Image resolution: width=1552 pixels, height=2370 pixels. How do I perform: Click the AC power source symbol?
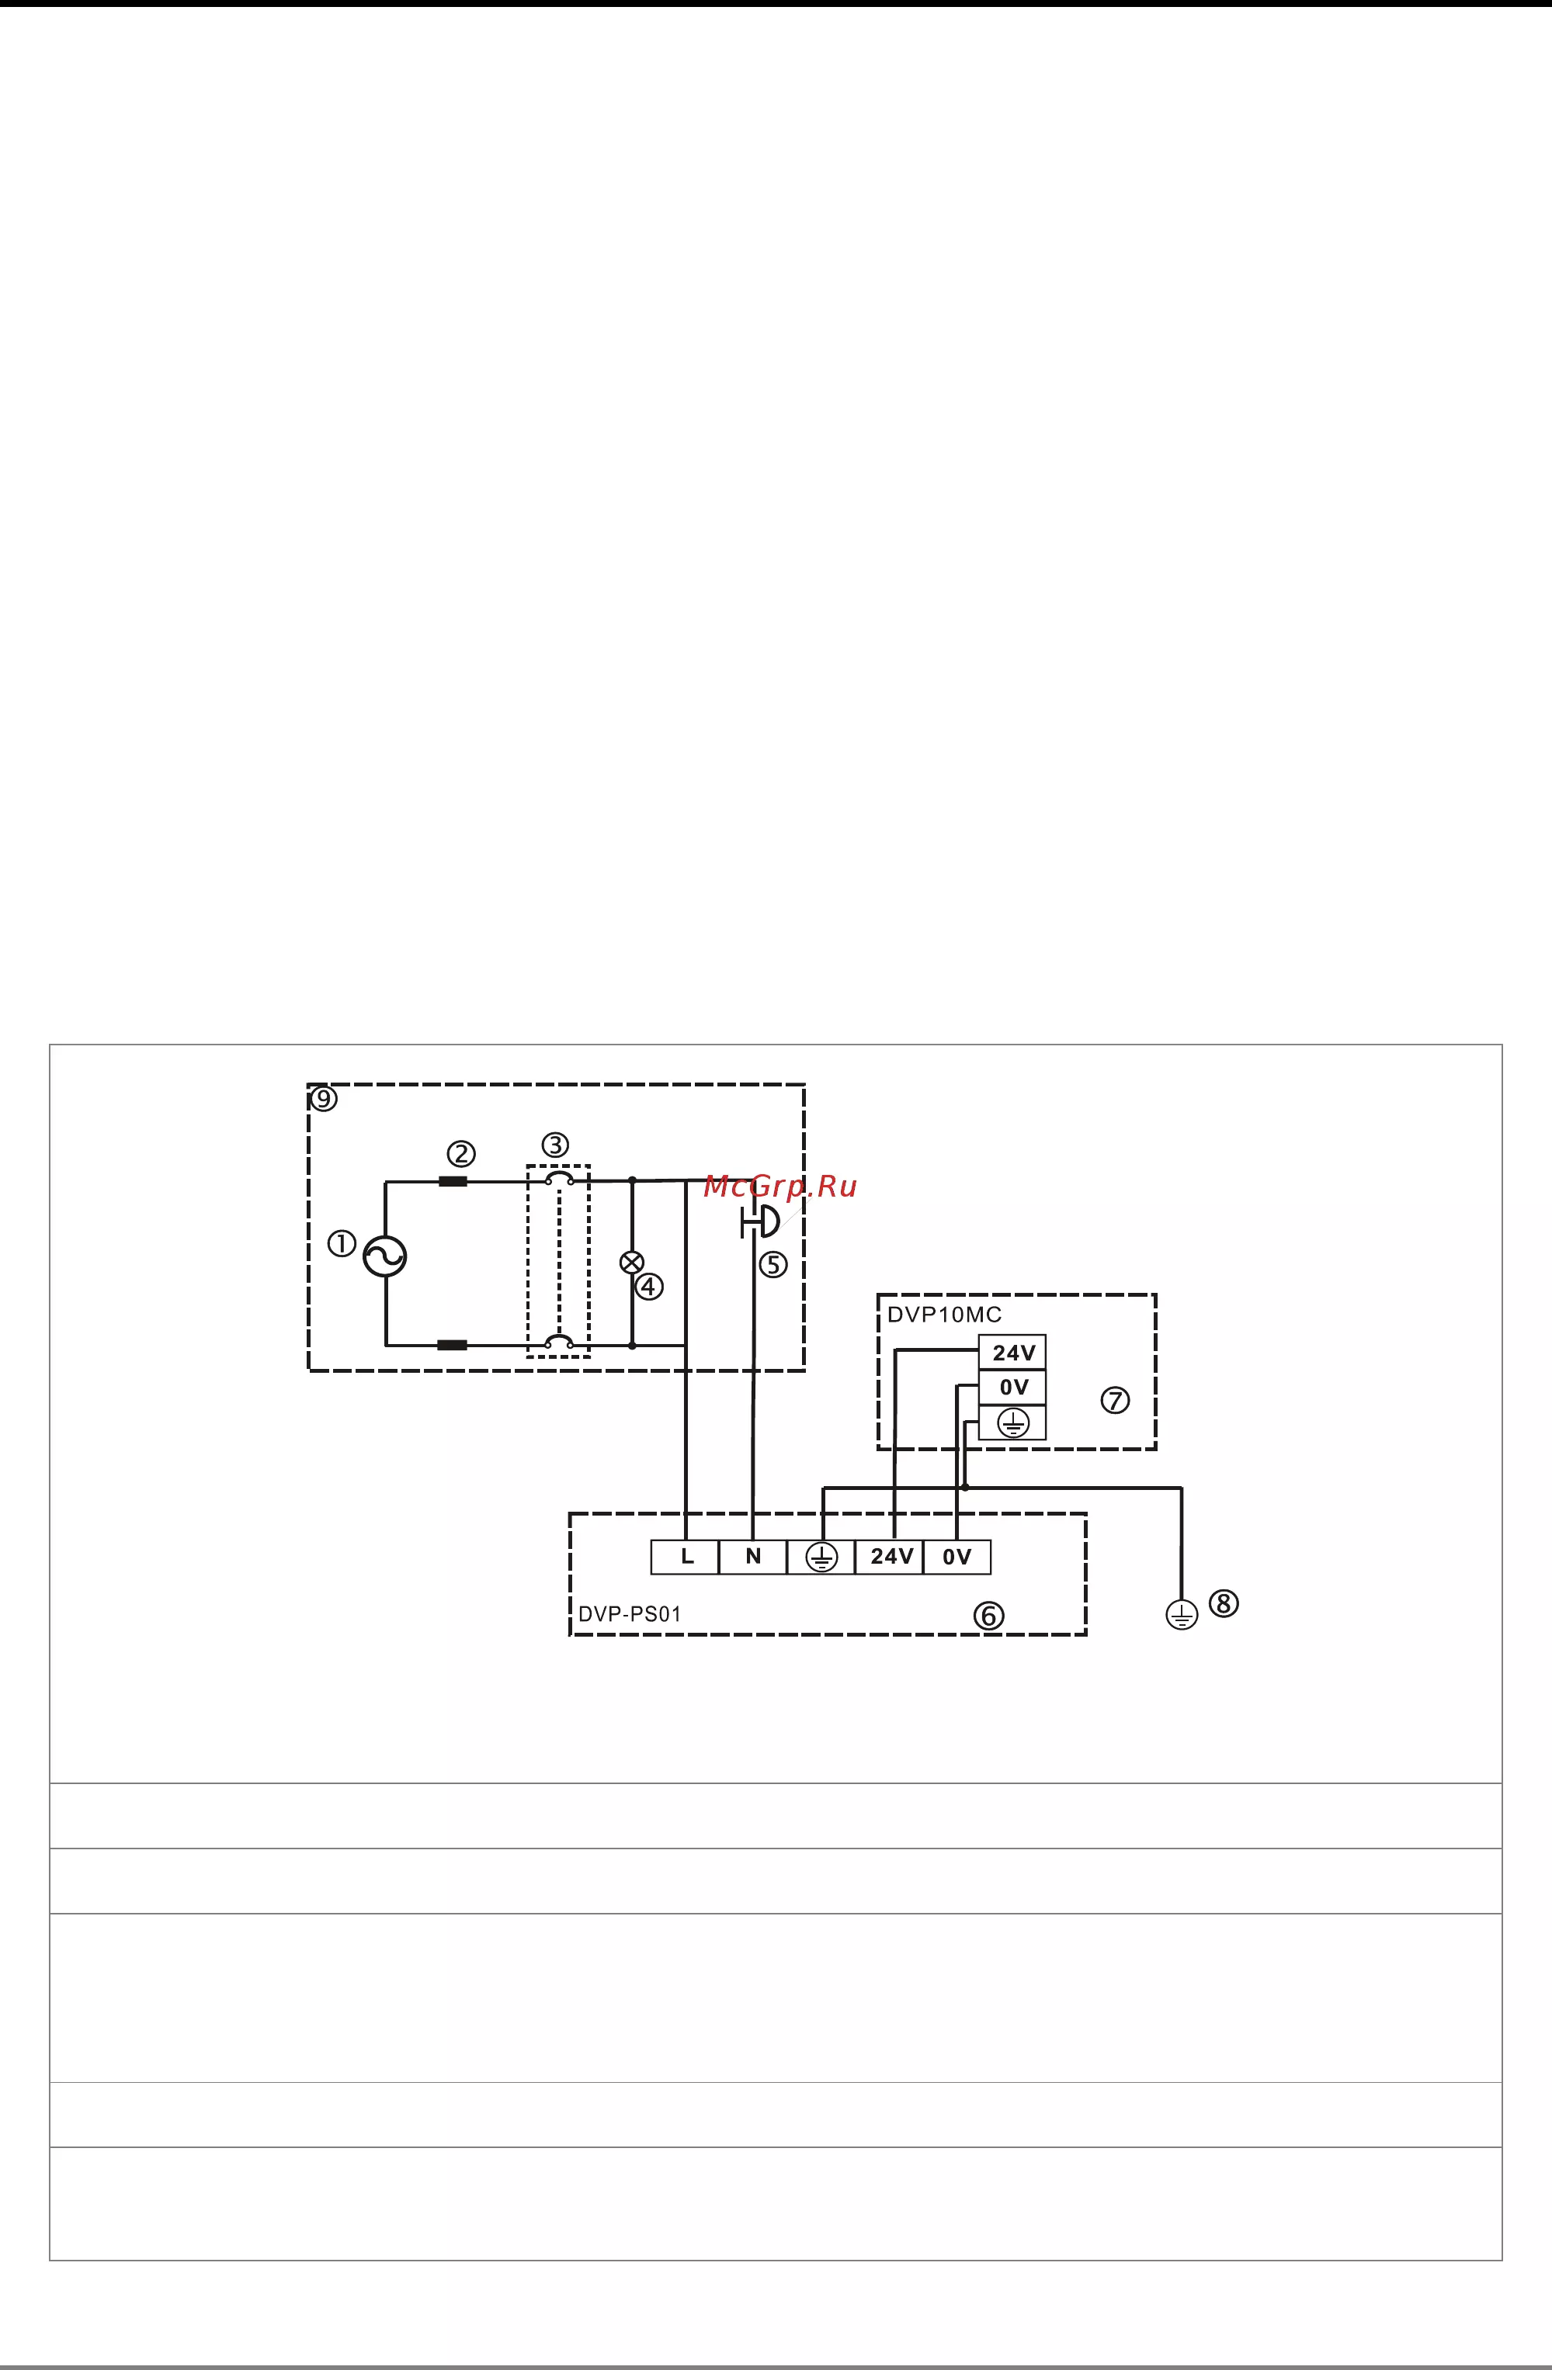pos(384,1256)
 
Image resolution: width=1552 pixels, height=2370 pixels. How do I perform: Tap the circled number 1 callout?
pos(342,1244)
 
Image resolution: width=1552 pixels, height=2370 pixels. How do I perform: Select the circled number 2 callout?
pos(460,1154)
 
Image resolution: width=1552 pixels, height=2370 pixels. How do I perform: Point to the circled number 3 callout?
pos(555,1145)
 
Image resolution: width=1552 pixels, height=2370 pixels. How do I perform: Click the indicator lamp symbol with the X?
pos(631,1263)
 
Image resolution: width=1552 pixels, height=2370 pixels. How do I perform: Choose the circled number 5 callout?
pos(773,1265)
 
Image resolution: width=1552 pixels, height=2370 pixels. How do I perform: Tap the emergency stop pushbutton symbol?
pos(759,1221)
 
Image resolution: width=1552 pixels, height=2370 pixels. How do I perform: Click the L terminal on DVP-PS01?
pos(686,1557)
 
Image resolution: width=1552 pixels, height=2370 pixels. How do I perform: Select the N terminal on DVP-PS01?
pos(753,1557)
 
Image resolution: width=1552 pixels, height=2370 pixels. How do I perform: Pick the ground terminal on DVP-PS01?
pos(821,1557)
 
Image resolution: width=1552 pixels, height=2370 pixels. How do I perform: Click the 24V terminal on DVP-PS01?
pos(890,1557)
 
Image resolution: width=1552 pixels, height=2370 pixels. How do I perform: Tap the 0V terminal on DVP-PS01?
pos(957,1557)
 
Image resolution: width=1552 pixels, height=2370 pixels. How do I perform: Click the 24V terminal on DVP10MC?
pos(1013,1353)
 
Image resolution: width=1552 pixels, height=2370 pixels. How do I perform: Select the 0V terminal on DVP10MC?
pos(1013,1387)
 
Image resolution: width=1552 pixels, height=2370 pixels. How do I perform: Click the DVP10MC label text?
pos(944,1315)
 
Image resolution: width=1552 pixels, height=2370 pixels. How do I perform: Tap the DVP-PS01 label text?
pos(630,1614)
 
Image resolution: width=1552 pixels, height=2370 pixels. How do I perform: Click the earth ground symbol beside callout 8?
pos(1182,1614)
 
